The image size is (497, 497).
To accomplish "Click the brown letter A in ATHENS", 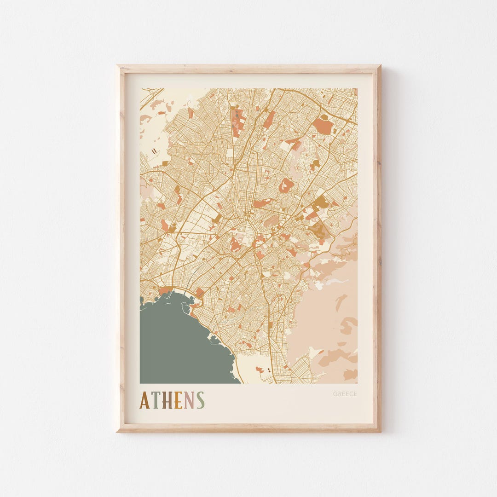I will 144,400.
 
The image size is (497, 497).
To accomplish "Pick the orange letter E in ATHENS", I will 179,400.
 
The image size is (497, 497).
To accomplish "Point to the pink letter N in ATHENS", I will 189,400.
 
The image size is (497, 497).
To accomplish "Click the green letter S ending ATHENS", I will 200,400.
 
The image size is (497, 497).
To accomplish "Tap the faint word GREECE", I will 345,394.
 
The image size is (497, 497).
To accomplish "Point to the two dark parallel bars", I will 154,150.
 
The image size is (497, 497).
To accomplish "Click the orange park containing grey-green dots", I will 237,120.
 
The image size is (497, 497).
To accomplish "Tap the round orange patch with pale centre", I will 286,185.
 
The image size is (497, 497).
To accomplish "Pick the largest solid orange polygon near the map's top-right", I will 323,125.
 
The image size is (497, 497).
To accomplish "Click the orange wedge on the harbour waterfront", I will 165,290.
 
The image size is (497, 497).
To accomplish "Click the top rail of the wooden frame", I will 248,69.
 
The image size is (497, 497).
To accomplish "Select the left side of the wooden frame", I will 121,248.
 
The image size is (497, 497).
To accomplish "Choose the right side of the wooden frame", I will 377,248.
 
